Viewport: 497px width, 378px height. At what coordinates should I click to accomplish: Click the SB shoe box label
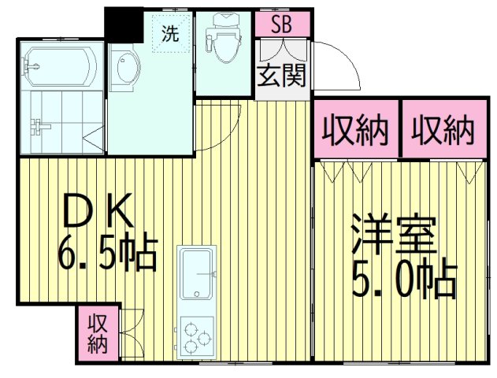[x=281, y=24]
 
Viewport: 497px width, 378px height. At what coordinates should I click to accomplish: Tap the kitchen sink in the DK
[x=198, y=273]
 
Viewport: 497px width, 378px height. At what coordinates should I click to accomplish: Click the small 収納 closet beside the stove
[x=97, y=333]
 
